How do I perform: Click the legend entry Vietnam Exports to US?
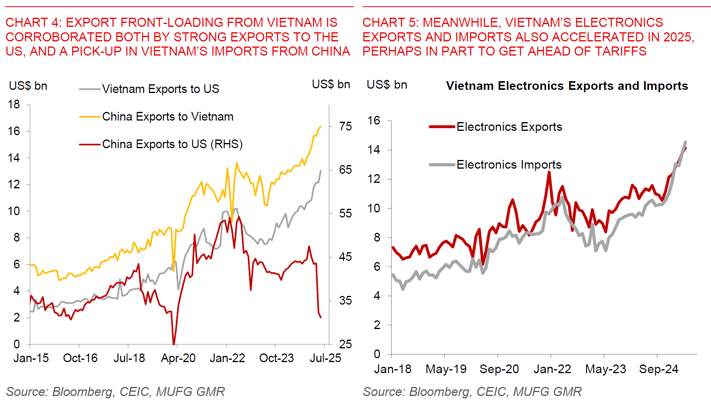click(160, 89)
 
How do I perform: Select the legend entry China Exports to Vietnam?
click(167, 117)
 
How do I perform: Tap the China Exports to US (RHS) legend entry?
click(172, 144)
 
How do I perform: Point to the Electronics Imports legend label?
click(509, 165)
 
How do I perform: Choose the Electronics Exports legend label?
click(509, 127)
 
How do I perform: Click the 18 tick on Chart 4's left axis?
click(14, 104)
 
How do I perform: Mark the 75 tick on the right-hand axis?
click(345, 126)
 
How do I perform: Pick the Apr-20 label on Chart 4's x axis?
click(178, 358)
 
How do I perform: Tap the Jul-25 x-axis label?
click(325, 358)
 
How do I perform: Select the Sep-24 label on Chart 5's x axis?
click(659, 369)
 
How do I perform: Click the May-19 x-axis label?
click(446, 369)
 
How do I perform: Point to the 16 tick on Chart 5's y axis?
click(374, 121)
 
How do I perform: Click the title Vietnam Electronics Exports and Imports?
click(567, 86)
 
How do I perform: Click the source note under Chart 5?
click(472, 392)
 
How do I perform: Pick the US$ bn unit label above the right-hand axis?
click(331, 84)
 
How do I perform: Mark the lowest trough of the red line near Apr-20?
click(174, 344)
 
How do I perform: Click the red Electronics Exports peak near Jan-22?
click(549, 172)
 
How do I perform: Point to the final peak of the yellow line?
click(320, 126)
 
